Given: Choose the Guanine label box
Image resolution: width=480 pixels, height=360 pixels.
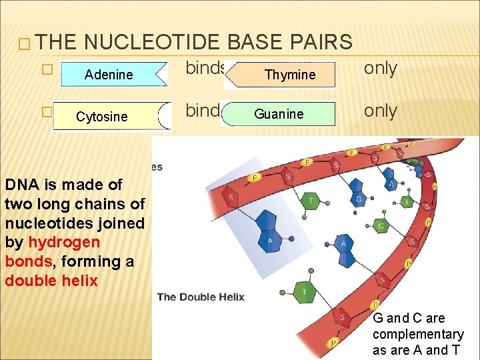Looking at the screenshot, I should tap(279, 114).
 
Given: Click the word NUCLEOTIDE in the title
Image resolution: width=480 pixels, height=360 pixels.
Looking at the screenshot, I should tap(155, 42).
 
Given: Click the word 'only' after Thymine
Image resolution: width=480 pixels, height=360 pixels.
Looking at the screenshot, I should tap(381, 69).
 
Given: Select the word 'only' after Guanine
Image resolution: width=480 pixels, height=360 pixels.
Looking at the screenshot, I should tap(381, 111).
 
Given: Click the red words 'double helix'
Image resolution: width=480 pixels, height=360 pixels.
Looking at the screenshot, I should tap(51, 281).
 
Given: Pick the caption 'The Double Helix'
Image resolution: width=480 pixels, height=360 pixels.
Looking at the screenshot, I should tap(201, 297).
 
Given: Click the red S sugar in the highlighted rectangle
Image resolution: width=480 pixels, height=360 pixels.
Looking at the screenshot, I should tap(231, 198).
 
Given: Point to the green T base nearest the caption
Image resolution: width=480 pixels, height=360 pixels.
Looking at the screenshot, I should tap(305, 291).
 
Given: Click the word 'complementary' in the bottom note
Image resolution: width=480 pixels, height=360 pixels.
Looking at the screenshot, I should tap(418, 334).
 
